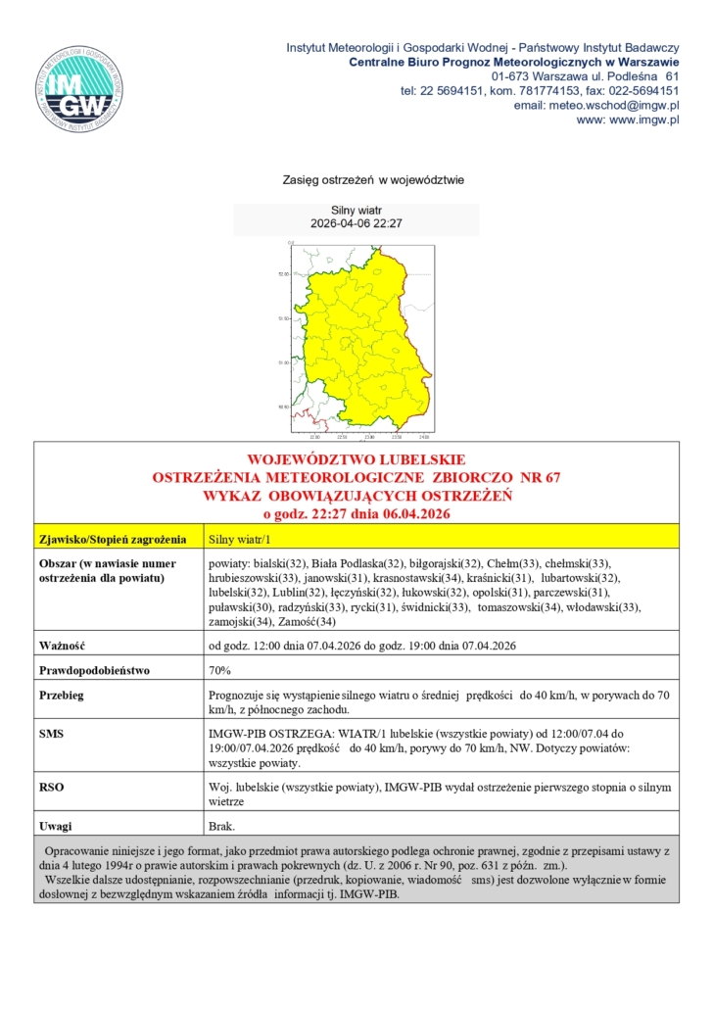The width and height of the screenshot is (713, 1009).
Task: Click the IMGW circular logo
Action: (80, 88)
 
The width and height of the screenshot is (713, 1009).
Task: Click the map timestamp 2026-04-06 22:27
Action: (356, 224)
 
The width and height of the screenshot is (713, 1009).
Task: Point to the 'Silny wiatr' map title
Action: (356, 211)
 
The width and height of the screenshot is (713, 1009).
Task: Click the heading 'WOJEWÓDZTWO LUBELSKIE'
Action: (356, 459)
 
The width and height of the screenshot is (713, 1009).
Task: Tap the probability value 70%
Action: (220, 671)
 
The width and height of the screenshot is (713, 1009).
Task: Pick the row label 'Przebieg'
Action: (62, 695)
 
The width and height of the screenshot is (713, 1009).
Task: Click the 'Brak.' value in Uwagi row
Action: (222, 825)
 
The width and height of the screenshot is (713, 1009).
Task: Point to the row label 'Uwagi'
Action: (56, 825)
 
